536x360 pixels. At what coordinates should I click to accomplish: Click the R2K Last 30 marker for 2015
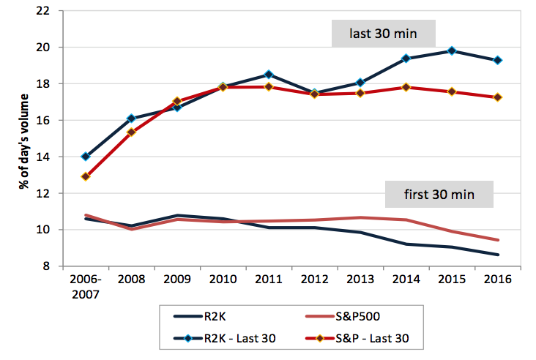click(452, 51)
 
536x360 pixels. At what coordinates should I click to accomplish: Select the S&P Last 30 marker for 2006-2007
click(86, 176)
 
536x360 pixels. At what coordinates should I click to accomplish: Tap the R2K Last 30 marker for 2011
click(269, 75)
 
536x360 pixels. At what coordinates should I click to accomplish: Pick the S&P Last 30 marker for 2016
click(498, 97)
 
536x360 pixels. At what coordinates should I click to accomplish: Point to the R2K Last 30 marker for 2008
click(131, 119)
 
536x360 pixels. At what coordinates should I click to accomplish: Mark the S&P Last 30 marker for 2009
click(177, 101)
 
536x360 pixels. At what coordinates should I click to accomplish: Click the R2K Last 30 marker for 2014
click(406, 59)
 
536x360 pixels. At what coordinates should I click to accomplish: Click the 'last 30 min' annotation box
click(383, 34)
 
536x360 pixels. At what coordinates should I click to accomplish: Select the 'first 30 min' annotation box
click(439, 195)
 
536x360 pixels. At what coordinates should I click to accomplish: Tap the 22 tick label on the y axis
click(42, 11)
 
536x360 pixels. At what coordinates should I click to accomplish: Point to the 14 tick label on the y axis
click(42, 157)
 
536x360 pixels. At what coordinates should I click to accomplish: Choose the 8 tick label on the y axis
click(46, 266)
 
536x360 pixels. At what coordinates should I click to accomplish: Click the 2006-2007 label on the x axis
click(86, 287)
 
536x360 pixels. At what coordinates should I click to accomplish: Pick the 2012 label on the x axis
click(314, 279)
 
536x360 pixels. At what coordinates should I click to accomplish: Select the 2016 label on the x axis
click(498, 279)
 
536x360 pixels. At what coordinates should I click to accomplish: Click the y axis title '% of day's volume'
click(24, 141)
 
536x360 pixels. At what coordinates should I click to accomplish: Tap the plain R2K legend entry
click(200, 317)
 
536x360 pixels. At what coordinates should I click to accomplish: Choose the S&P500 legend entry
click(343, 317)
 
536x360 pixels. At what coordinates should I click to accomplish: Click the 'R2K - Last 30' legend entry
click(225, 339)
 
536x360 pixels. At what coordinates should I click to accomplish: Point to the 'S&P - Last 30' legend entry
click(357, 339)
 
